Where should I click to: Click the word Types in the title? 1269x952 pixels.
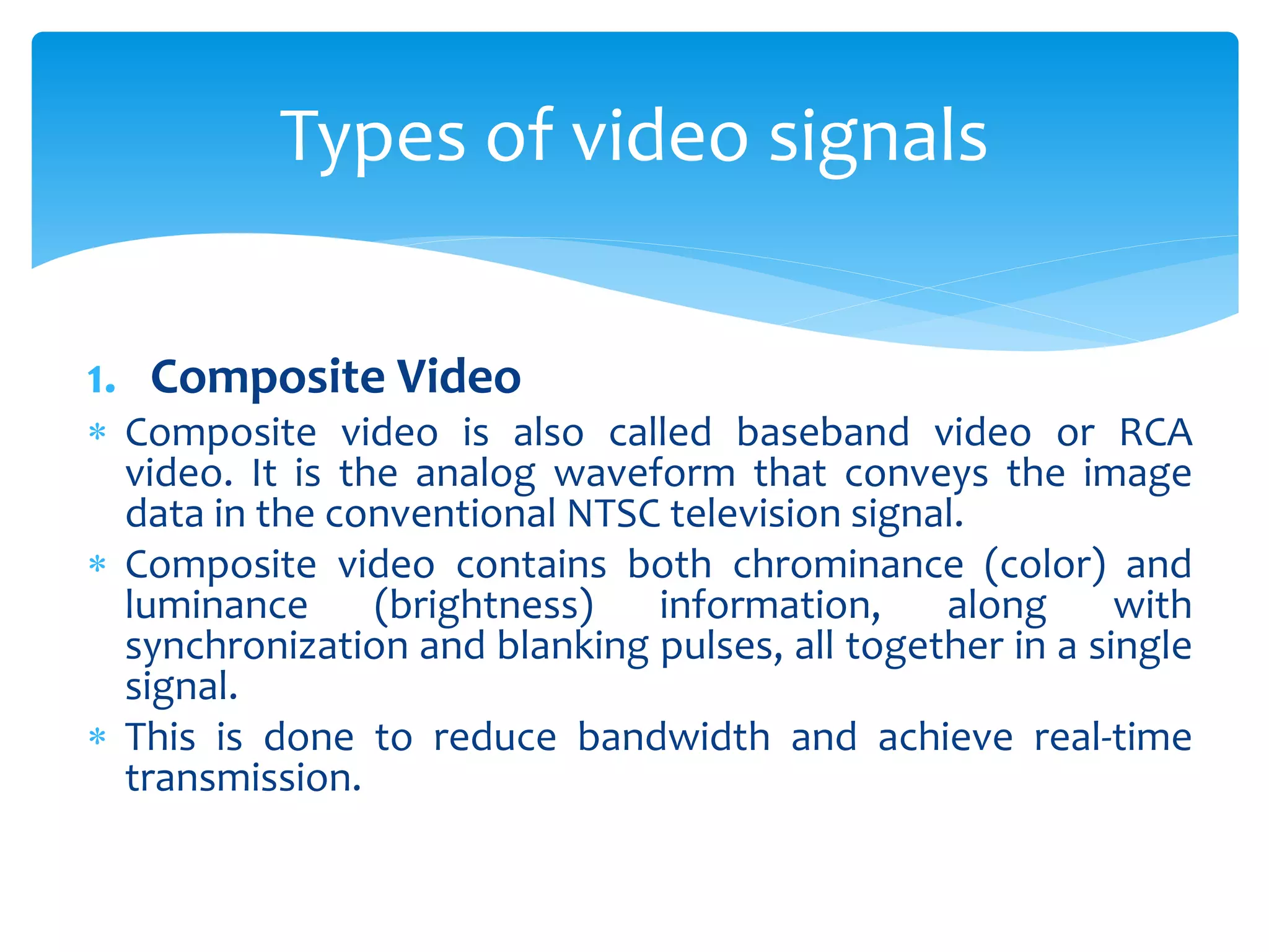pos(372,138)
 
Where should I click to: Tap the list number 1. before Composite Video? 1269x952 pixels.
pos(101,380)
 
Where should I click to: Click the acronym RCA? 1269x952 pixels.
pos(1155,432)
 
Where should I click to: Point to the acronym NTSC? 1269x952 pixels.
pos(613,514)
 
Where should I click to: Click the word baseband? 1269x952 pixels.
pos(822,432)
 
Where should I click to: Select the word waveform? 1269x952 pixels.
pos(644,474)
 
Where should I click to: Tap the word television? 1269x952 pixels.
pos(754,514)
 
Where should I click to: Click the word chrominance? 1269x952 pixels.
pos(848,565)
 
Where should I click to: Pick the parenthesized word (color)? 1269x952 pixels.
pos(1044,565)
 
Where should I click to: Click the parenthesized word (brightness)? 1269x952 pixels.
pos(484,606)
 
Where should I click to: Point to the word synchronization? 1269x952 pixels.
pos(266,646)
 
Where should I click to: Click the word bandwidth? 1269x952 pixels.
pos(674,738)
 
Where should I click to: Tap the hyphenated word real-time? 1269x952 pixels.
pos(1112,738)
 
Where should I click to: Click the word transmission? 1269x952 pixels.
pos(243,778)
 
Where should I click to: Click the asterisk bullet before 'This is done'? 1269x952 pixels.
pos(97,737)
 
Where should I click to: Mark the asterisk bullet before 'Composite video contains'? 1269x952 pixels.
pos(97,565)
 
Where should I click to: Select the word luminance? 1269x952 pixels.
pos(216,606)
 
